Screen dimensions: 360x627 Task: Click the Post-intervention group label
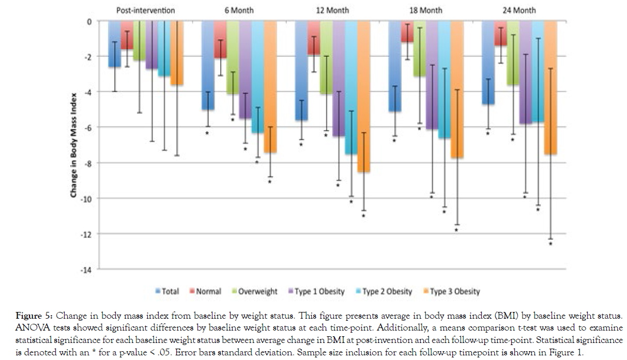pyautogui.click(x=145, y=10)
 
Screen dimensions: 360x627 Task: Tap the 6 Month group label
pyautogui.click(x=239, y=10)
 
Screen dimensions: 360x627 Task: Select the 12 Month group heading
pyautogui.click(x=332, y=10)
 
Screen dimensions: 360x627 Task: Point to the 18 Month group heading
pyautogui.click(x=425, y=10)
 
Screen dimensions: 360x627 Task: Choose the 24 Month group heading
pyautogui.click(x=519, y=10)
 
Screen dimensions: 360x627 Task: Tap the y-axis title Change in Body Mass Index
pyautogui.click(x=74, y=145)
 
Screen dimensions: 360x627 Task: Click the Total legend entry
pyautogui.click(x=167, y=291)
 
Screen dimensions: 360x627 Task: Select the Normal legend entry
pyautogui.click(x=206, y=291)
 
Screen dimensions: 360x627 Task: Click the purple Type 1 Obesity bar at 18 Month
pyautogui.click(x=432, y=75)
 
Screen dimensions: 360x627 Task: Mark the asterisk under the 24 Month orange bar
pyautogui.click(x=550, y=244)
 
